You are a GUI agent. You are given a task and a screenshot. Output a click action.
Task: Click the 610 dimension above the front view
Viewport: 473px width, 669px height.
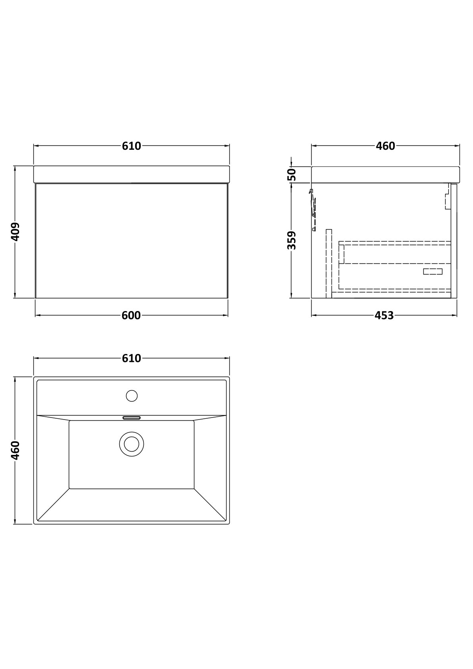click(x=131, y=146)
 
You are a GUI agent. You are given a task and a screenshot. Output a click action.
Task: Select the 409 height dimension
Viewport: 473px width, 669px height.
click(x=15, y=232)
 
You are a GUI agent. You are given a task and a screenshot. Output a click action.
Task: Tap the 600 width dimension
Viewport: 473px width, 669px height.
click(x=131, y=315)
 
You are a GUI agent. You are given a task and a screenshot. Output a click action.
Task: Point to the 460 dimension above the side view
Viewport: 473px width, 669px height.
click(x=386, y=146)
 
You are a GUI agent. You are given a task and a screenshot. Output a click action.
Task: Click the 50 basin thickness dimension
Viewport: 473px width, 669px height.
click(x=292, y=174)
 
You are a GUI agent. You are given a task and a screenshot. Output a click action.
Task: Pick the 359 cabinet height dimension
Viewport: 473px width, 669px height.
click(x=292, y=240)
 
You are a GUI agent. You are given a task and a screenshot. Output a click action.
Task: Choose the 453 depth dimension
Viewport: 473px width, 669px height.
click(x=384, y=315)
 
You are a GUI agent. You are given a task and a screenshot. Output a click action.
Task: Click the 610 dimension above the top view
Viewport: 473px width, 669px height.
click(x=131, y=358)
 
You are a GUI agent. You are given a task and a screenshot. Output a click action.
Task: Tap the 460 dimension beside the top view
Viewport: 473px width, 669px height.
click(x=15, y=451)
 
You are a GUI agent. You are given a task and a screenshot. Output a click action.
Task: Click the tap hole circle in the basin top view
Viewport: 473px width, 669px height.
click(x=132, y=396)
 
